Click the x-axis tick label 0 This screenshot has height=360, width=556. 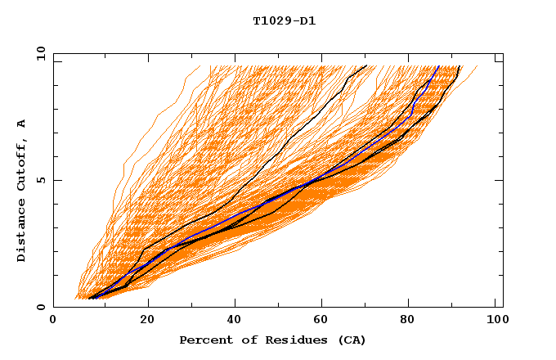tap(53, 320)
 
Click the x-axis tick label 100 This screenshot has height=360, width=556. tap(495, 320)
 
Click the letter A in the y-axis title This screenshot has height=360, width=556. tap(22, 124)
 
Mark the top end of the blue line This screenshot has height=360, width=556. tap(439, 66)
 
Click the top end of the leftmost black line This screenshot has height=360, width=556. tap(366, 66)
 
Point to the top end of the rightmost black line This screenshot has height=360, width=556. tap(461, 66)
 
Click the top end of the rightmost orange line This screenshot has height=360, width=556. tap(478, 66)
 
